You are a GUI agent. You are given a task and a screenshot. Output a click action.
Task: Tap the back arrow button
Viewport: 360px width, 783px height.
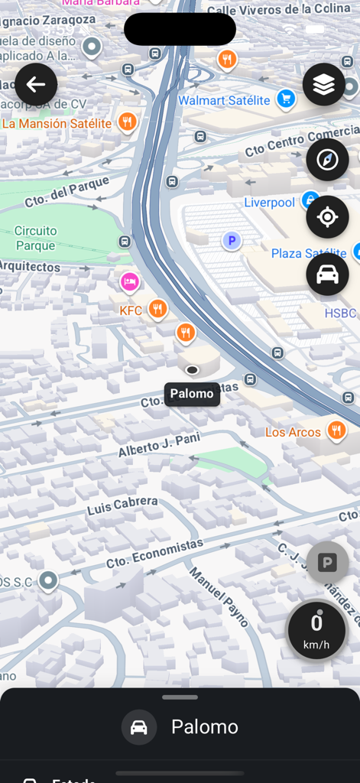point(36,84)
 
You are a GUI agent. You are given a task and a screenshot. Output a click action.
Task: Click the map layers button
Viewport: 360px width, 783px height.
point(324,84)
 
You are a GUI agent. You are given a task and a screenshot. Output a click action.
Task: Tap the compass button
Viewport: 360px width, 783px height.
point(327,160)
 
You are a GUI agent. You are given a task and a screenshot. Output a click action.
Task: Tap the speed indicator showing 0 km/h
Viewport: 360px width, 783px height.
point(316,629)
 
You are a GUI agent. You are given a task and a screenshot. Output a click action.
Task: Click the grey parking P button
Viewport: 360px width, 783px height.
point(327,564)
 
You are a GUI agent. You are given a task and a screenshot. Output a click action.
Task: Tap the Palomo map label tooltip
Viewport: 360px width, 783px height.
point(192,394)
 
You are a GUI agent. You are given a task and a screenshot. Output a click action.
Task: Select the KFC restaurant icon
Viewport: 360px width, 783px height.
point(157,309)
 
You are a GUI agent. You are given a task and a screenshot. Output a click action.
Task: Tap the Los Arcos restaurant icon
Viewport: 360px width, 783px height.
point(336,430)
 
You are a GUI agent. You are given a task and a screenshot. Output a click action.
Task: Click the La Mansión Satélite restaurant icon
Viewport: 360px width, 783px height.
point(128,122)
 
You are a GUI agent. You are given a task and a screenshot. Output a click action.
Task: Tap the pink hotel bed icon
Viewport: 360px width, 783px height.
point(130,282)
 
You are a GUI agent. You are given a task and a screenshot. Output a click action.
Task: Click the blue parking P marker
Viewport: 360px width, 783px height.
point(232,241)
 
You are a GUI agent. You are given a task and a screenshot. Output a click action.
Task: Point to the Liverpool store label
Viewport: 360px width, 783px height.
point(269,203)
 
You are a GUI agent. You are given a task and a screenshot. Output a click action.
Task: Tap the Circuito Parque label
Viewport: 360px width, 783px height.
point(36,238)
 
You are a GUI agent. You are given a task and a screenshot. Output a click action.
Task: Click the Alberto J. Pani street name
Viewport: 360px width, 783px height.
point(159,444)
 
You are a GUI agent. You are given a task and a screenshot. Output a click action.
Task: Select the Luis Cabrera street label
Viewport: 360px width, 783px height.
point(122,505)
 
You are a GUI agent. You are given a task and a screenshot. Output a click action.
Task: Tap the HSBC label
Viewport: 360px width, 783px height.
point(340,314)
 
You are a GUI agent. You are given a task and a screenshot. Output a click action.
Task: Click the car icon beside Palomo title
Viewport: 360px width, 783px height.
point(139,727)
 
